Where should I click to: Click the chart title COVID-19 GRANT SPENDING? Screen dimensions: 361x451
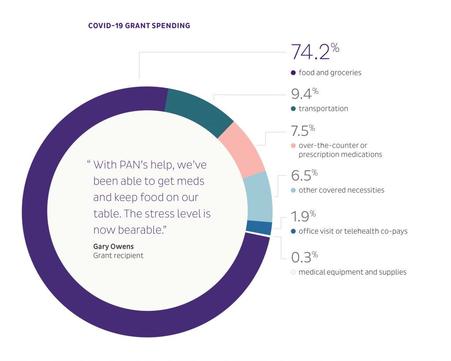point(139,26)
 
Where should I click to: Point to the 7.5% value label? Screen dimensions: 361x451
point(303,131)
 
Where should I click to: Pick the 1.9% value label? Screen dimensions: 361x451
point(303,217)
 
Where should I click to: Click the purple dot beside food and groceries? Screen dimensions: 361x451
point(293,73)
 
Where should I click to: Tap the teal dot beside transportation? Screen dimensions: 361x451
point(293,108)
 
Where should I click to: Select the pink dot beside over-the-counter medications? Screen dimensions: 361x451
point(293,145)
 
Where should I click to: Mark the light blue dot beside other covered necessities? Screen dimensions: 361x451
point(293,190)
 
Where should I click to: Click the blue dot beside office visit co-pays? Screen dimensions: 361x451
point(293,231)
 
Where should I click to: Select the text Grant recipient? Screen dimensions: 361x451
point(118,255)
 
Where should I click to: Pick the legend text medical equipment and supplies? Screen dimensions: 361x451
point(352,272)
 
